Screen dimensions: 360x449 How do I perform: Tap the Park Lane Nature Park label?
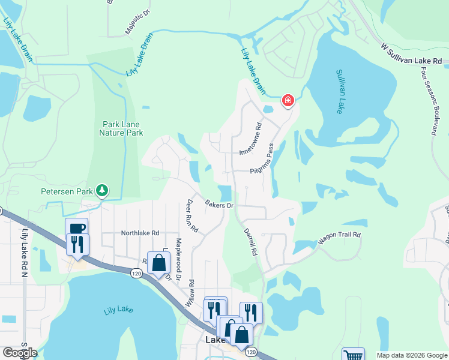pyautogui.click(x=121, y=128)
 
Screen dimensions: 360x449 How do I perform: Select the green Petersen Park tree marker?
pyautogui.click(x=103, y=191)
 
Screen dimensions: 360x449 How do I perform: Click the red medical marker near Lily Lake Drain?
pyautogui.click(x=288, y=100)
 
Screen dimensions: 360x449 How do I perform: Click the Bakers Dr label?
pyautogui.click(x=218, y=205)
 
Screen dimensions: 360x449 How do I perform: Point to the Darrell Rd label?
pyautogui.click(x=250, y=242)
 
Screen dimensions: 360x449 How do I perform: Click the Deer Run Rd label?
pyautogui.click(x=194, y=217)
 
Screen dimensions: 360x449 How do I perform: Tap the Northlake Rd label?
pyautogui.click(x=140, y=233)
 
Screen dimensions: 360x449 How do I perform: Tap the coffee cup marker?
pyautogui.click(x=76, y=229)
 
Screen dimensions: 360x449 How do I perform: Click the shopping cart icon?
pyautogui.click(x=353, y=355)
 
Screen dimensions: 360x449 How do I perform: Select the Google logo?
pyautogui.click(x=19, y=353)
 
